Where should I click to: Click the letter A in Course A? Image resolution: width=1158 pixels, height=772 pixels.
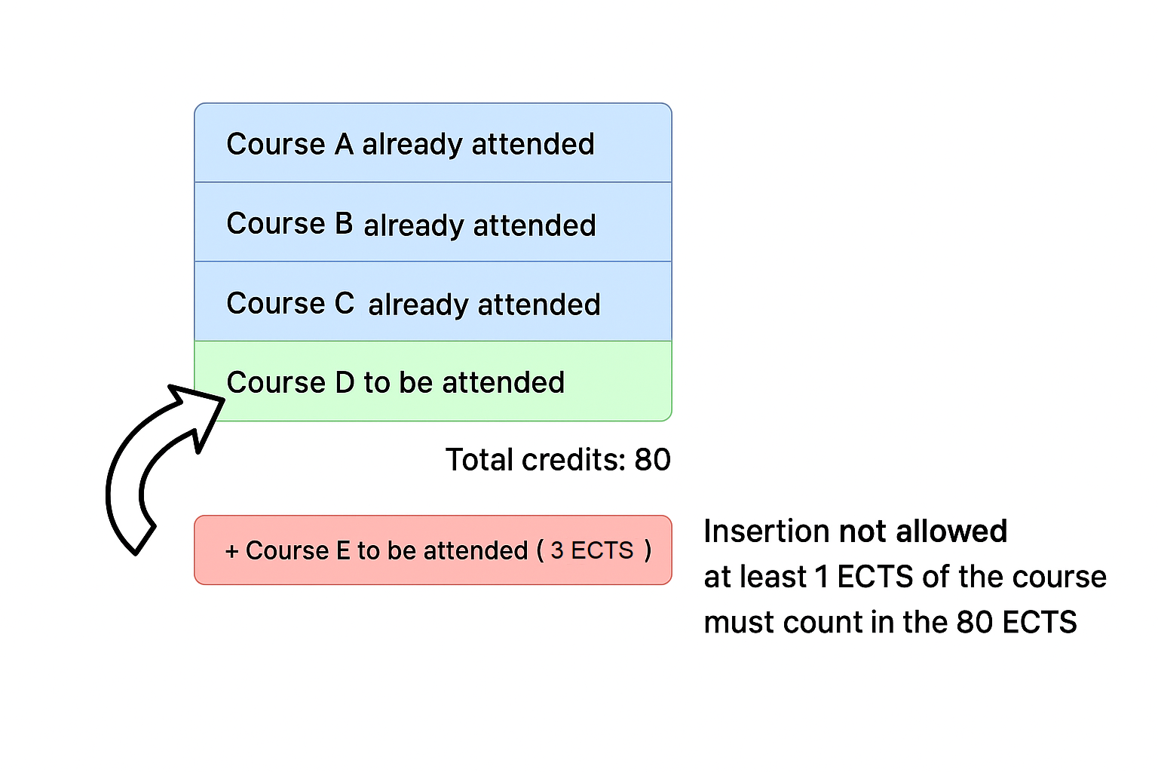pyautogui.click(x=344, y=143)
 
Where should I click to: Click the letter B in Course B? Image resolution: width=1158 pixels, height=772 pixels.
pyautogui.click(x=344, y=223)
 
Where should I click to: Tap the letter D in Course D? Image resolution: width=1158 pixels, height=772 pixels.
pyautogui.click(x=345, y=382)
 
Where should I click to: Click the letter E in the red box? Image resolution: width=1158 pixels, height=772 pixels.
pyautogui.click(x=343, y=550)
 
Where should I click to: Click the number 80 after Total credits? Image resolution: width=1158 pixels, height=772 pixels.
pyautogui.click(x=652, y=459)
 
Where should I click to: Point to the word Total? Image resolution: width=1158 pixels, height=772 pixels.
pyautogui.click(x=479, y=459)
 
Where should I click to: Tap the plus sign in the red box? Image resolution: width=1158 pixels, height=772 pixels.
pyautogui.click(x=232, y=551)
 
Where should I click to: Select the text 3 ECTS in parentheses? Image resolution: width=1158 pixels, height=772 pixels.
pyautogui.click(x=592, y=550)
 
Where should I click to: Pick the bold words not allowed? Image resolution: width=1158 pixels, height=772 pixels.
pyautogui.click(x=924, y=531)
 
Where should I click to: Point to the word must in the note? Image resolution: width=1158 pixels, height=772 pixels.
pyautogui.click(x=739, y=621)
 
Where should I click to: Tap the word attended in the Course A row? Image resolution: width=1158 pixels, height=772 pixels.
pyautogui.click(x=533, y=144)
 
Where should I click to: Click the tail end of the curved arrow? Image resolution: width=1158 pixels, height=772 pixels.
pyautogui.click(x=145, y=540)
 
